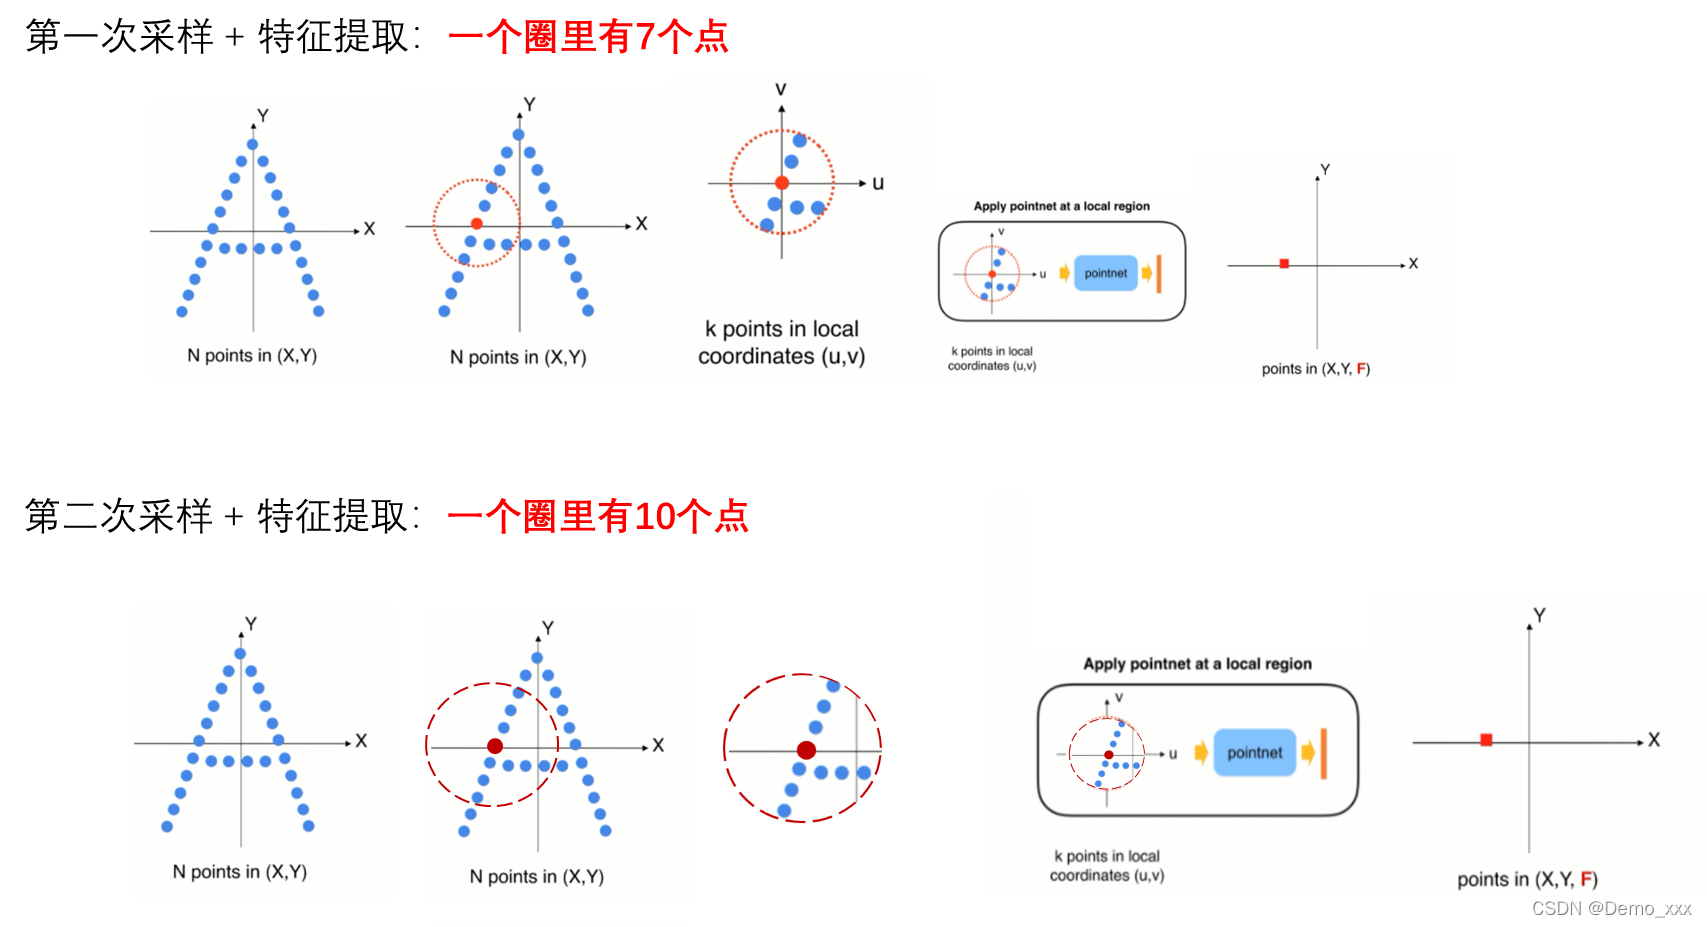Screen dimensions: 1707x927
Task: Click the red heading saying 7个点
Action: (589, 38)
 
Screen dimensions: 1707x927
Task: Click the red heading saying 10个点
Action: (598, 517)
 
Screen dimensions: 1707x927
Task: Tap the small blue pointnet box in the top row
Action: (1105, 273)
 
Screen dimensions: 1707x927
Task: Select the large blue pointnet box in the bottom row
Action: (1254, 753)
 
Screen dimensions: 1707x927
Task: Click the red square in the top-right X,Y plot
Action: (1284, 264)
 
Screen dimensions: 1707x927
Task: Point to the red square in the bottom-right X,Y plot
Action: (1486, 740)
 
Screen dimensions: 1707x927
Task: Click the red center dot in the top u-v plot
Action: (782, 183)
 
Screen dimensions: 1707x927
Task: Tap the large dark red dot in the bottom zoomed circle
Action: (806, 750)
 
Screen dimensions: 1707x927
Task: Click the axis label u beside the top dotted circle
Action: (878, 183)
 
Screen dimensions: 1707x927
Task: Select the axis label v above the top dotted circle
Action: (781, 90)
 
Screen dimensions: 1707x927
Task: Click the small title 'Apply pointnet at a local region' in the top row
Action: (1061, 206)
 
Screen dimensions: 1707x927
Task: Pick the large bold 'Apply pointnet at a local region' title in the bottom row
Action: (1197, 664)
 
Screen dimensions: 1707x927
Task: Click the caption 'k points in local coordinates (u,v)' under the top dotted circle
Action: (782, 343)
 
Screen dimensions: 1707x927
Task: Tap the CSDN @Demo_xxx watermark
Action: (1611, 908)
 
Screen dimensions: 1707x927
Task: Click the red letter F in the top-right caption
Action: (1361, 369)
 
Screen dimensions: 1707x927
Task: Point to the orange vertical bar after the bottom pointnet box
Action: (1323, 753)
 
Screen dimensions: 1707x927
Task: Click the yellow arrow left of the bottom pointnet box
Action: (1201, 753)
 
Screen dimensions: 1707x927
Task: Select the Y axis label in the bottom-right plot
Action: (1539, 615)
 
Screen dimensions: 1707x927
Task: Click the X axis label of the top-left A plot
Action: (369, 229)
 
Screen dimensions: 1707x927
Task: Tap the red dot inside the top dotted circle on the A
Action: (477, 224)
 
